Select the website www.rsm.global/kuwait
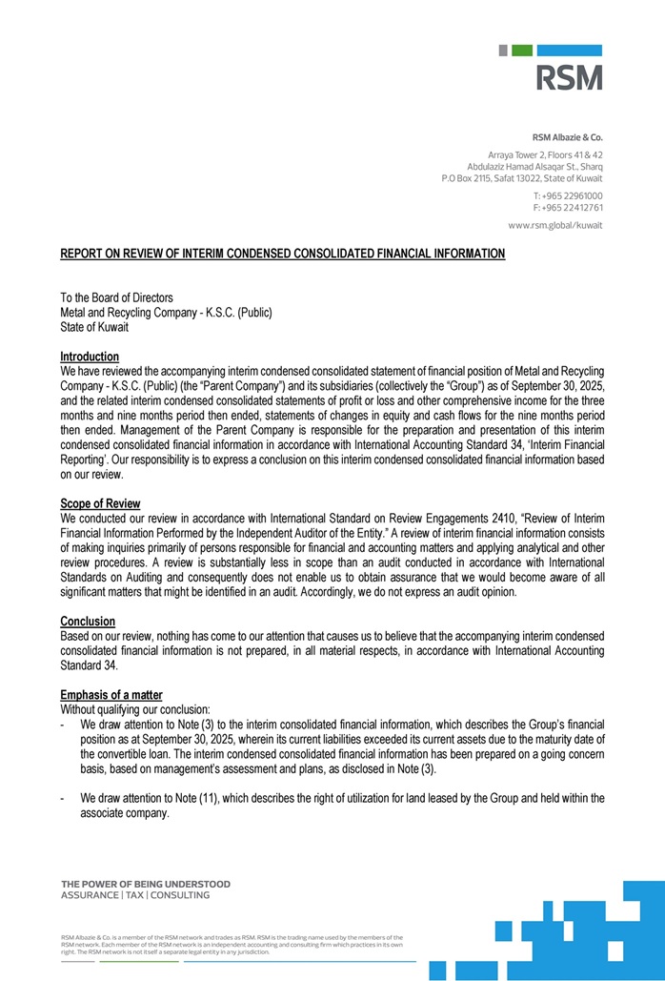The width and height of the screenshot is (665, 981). coord(555,226)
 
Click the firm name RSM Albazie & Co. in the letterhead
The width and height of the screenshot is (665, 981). coord(567,137)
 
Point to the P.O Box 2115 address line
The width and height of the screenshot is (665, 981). coord(522,178)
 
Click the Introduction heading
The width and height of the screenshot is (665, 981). coord(90,357)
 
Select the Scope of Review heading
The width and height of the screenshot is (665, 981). coord(100,503)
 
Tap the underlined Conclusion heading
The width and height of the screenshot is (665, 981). coord(88,622)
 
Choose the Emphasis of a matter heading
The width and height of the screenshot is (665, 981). coord(111,695)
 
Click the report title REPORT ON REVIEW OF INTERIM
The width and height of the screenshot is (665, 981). coord(283,254)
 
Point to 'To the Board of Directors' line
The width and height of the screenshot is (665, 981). coord(117,298)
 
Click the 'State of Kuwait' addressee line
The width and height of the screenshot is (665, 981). coord(94,327)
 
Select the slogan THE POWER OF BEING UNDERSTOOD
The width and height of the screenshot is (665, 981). coord(146,884)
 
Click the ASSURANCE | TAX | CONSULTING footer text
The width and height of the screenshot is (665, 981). coord(135,896)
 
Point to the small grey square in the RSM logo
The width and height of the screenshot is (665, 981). coord(503,51)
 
